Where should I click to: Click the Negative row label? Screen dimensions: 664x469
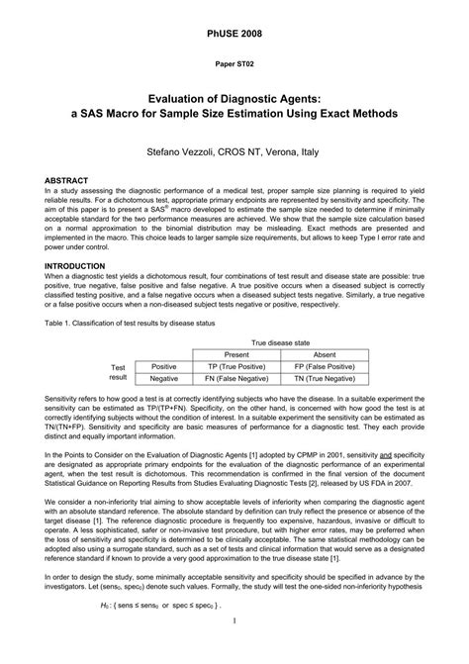164,378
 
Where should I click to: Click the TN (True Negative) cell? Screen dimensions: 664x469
325,378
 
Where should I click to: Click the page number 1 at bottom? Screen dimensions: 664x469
234,649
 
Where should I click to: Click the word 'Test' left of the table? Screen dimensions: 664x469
118,366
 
